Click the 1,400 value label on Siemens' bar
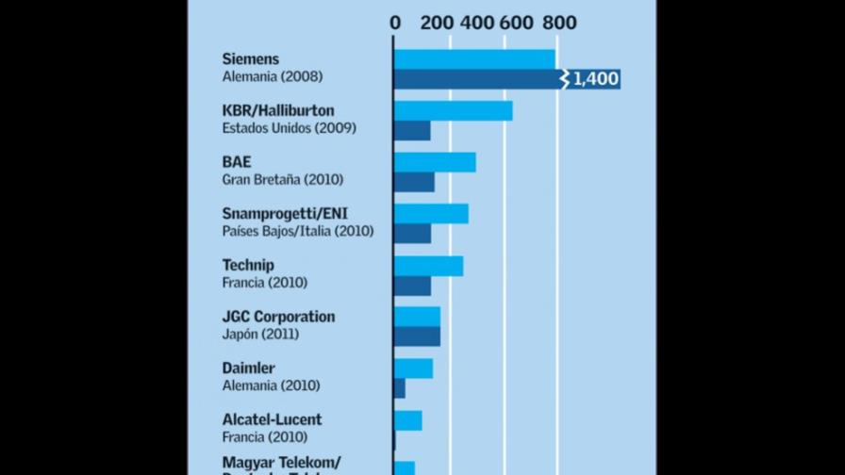point(596,79)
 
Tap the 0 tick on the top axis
point(395,23)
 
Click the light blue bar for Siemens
point(474,59)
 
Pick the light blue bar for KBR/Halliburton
point(453,111)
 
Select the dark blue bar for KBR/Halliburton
point(412,131)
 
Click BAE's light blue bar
point(435,162)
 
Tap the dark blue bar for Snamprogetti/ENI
point(412,233)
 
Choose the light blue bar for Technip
point(428,266)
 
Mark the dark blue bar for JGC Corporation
point(417,336)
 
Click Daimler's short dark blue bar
point(400,387)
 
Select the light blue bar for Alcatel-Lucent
point(407,420)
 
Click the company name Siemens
point(250,59)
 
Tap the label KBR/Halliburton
point(277,111)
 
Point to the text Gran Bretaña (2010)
point(282,179)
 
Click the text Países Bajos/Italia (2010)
point(297,231)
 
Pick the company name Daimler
point(248,369)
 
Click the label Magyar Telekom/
point(280,462)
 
